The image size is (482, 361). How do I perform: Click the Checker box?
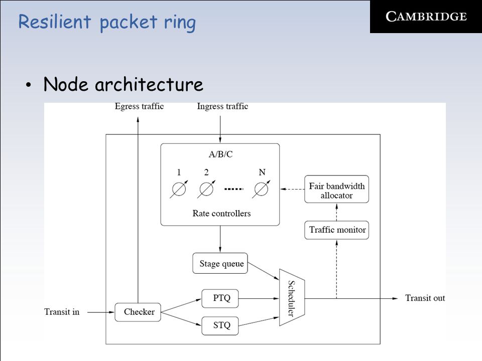138,312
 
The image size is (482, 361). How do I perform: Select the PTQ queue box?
220,298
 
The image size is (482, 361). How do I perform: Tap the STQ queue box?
220,326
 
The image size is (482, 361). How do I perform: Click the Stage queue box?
220,263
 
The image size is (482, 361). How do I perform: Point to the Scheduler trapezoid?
292,298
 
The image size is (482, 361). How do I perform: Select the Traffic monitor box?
336,230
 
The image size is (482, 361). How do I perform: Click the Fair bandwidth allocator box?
336,189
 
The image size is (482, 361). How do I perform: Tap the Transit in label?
62,312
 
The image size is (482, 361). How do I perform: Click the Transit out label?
425,298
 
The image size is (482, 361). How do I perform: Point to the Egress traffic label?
139,106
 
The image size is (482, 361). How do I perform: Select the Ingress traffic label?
222,106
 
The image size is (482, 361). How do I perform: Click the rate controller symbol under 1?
179,189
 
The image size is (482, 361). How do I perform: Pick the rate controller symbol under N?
261,189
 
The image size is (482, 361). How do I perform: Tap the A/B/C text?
221,154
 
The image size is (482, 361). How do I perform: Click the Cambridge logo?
426,17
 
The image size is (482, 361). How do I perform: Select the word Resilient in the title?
55,22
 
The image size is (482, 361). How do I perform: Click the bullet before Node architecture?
29,85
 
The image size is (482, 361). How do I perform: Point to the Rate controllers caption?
221,214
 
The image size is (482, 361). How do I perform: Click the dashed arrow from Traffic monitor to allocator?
336,212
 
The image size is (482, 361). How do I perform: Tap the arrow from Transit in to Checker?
101,312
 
